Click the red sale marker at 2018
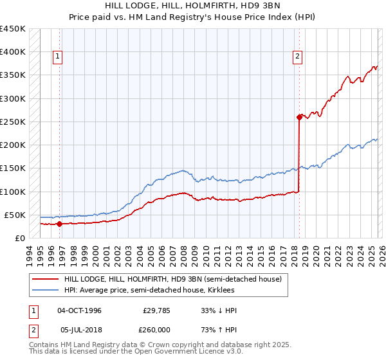point(299,117)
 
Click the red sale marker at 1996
point(59,224)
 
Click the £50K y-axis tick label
point(15,215)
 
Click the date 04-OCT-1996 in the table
point(79,310)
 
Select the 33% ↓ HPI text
point(219,310)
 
